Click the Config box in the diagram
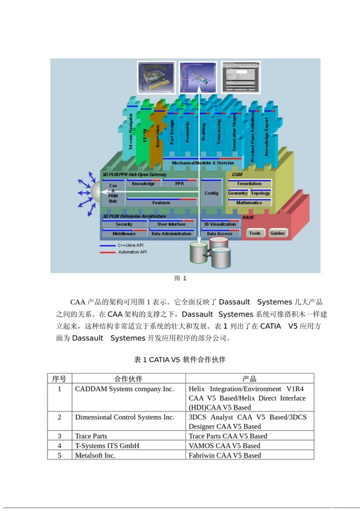click(x=211, y=193)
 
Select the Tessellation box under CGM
click(x=249, y=184)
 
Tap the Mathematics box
click(x=249, y=203)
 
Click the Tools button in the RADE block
click(x=255, y=233)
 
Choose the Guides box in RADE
click(x=277, y=233)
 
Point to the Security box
click(x=124, y=224)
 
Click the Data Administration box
click(x=172, y=234)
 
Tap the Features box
click(x=161, y=203)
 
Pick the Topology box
click(x=260, y=193)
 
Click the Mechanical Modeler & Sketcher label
click(x=203, y=163)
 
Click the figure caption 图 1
click(x=180, y=278)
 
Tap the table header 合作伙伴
click(x=128, y=379)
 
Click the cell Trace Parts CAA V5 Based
click(x=228, y=436)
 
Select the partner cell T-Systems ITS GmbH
click(x=107, y=446)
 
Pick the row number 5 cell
click(x=59, y=455)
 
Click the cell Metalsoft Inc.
click(x=95, y=455)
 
